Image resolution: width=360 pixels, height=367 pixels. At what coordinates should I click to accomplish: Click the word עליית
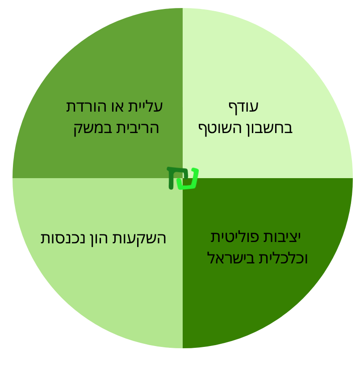[145, 107]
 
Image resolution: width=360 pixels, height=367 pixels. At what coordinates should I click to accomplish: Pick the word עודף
[243, 108]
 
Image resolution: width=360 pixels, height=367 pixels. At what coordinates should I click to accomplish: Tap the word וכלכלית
[284, 258]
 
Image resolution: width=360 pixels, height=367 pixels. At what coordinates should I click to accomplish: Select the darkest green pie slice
[258, 253]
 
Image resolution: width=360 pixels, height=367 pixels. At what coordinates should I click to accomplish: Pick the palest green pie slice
[258, 94]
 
